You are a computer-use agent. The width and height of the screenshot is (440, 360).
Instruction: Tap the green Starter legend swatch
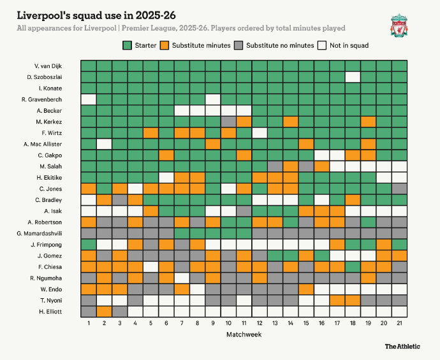[128, 45]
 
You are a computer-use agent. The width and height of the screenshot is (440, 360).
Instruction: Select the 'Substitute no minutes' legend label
[280, 45]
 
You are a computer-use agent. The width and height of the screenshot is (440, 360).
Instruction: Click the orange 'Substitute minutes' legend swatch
[165, 45]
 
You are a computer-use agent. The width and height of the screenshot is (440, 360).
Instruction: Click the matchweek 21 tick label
[399, 323]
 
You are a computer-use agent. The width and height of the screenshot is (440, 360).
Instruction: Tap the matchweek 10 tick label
[228, 323]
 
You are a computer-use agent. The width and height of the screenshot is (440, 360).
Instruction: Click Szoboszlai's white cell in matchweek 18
[353, 76]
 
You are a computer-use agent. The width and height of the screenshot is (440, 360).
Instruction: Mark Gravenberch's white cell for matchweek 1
[89, 99]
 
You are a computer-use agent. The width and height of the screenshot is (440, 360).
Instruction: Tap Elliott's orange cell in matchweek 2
[104, 311]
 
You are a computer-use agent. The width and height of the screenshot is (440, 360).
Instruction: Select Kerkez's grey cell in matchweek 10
[228, 121]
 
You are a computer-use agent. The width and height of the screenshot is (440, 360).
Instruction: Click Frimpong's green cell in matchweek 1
[89, 243]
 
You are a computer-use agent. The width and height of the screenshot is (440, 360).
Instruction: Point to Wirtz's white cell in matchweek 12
[260, 133]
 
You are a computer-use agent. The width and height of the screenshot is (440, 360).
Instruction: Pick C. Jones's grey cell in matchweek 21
[399, 188]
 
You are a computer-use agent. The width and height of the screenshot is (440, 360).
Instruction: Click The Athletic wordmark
[402, 346]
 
